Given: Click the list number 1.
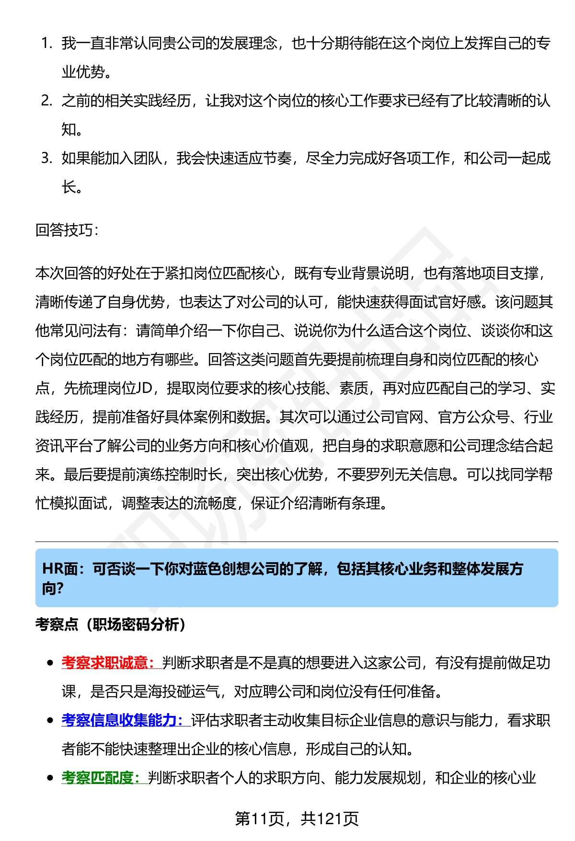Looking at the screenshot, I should coord(46,44).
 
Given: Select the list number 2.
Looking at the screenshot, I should coord(46,101).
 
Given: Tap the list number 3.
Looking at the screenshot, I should coord(46,158).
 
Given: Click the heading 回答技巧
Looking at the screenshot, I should coord(66,230).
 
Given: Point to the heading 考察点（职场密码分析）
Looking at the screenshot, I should coord(110,624).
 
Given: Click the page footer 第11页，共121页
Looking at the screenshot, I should coord(297,818).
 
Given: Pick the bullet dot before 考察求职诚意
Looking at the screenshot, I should coord(50,663).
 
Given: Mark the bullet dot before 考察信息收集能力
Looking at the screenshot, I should coord(50,721).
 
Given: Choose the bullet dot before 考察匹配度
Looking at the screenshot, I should coord(50,778).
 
